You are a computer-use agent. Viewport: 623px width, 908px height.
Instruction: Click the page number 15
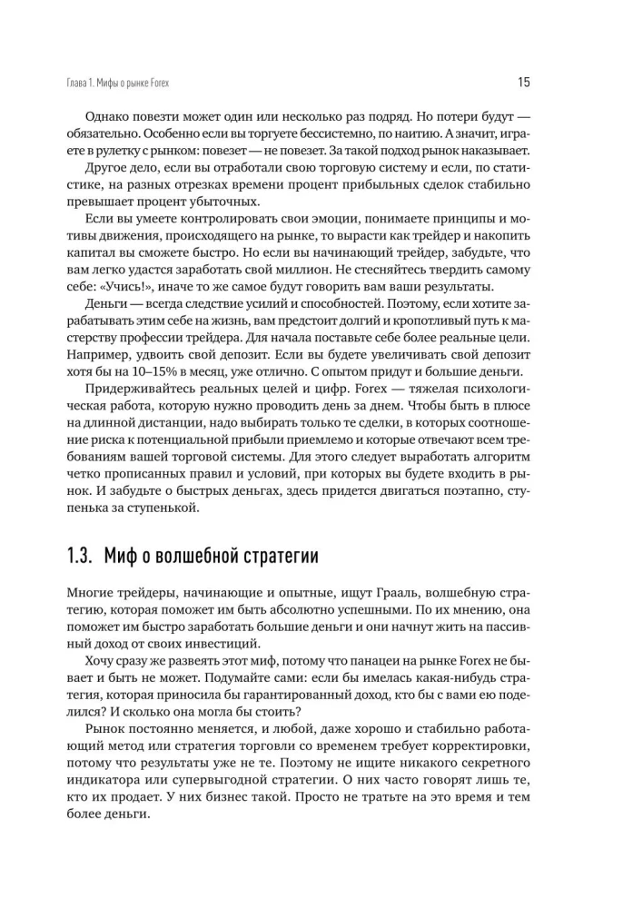click(524, 83)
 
